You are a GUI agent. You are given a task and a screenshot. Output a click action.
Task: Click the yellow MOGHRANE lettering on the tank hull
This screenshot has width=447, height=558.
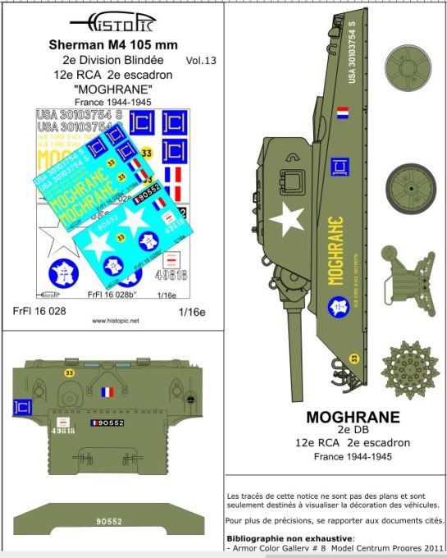[335, 250]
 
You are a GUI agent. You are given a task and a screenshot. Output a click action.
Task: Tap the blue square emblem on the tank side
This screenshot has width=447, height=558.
[336, 167]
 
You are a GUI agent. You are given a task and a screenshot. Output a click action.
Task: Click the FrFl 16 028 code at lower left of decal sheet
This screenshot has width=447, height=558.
[40, 310]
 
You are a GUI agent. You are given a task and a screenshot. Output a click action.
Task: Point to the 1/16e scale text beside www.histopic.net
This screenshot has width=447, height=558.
[188, 310]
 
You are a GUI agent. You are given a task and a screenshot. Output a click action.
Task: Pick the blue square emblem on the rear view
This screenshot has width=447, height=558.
[25, 405]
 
